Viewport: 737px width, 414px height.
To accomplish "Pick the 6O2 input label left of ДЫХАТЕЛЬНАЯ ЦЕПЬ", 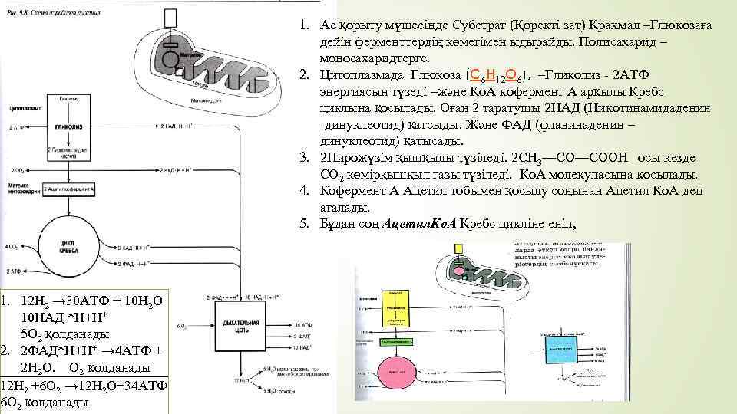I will tap(183, 326).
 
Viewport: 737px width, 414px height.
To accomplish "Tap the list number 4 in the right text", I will tap(304, 189).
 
